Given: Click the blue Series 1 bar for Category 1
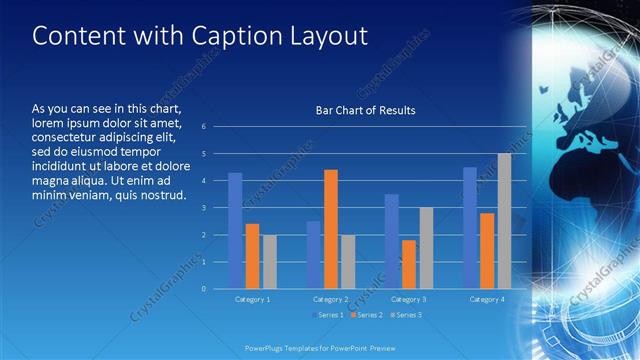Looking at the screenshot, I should pyautogui.click(x=235, y=231).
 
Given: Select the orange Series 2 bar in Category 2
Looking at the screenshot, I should pyautogui.click(x=331, y=229).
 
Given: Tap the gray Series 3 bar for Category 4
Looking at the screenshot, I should pyautogui.click(x=504, y=221).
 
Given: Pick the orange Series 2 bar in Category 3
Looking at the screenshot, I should pyautogui.click(x=409, y=264).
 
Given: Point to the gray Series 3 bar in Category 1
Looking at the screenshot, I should pyautogui.click(x=269, y=262).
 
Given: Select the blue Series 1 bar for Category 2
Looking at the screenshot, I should pyautogui.click(x=314, y=255).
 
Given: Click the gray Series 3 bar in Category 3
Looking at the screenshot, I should pyautogui.click(x=426, y=248).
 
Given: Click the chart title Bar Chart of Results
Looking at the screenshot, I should pyautogui.click(x=358, y=110).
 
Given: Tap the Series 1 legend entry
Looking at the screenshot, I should pyautogui.click(x=329, y=315).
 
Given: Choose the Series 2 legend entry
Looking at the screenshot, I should pyautogui.click(x=367, y=315).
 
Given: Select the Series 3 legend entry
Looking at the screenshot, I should pyautogui.click(x=405, y=315).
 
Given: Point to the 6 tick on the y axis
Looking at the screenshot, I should pyautogui.click(x=203, y=127).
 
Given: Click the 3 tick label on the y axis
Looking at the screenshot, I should pyautogui.click(x=203, y=208).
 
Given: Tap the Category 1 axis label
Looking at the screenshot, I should pyautogui.click(x=252, y=299).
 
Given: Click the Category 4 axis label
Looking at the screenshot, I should pyautogui.click(x=487, y=299).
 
